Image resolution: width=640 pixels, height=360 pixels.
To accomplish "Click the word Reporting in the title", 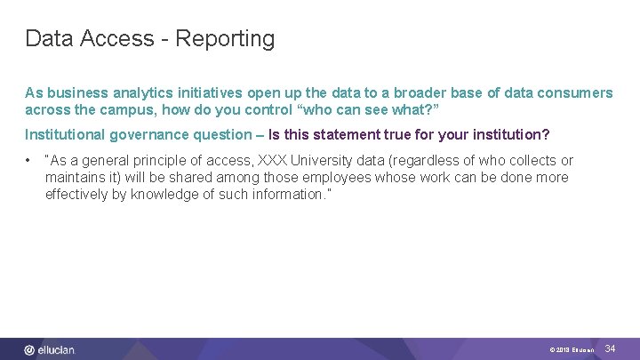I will click(226, 39).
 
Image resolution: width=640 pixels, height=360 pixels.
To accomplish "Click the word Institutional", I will click(66, 135).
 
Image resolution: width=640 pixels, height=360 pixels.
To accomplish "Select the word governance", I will click(147, 135).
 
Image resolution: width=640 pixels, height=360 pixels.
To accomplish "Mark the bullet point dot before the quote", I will click(29, 161).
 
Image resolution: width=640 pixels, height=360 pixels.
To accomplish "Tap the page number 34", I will click(610, 349).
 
